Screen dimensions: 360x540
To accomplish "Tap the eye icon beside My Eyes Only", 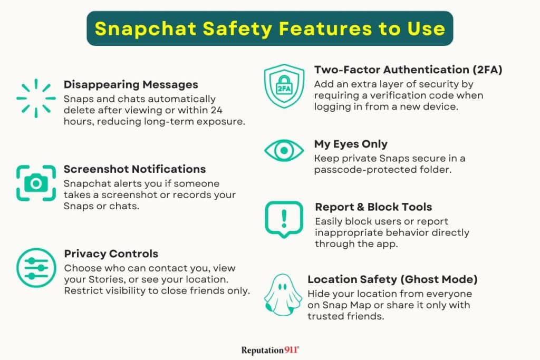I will click(284, 150).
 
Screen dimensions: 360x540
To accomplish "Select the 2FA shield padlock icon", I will click(284, 86).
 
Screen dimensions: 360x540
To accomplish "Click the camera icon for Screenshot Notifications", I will click(36, 182).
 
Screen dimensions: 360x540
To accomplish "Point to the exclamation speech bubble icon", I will click(284, 217).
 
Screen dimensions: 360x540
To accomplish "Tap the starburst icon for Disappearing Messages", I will click(36, 98).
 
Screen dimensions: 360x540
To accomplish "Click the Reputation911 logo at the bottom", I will click(271, 349).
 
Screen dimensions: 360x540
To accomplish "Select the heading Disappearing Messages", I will click(131, 84).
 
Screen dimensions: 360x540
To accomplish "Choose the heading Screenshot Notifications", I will click(134, 169).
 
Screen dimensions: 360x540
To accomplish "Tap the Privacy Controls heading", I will click(111, 254).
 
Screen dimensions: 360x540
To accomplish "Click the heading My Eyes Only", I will click(351, 144).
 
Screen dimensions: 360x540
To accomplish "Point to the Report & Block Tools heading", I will click(373, 207).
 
